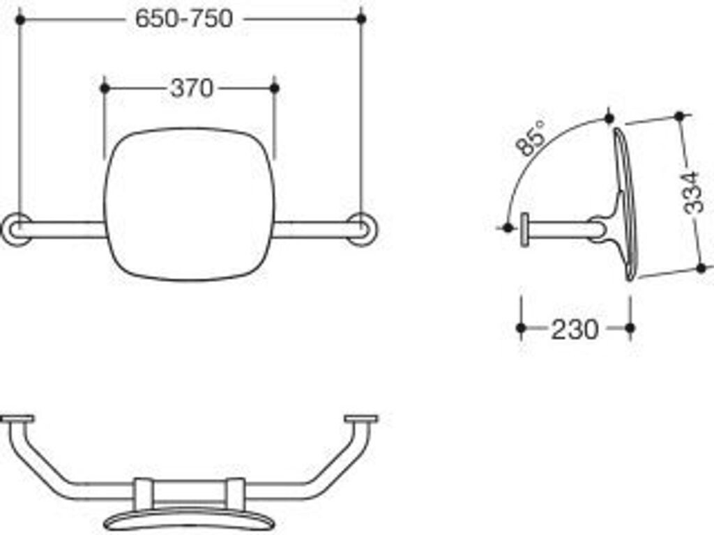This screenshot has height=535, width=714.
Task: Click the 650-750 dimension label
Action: pos(184,19)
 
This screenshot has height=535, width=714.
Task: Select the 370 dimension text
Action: pos(191,88)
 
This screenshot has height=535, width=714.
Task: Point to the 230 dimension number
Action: pos(575,329)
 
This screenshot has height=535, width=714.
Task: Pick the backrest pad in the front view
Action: pos(190,203)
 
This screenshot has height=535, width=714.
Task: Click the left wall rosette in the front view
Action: pos(15,229)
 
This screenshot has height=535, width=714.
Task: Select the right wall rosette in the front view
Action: pos(363,229)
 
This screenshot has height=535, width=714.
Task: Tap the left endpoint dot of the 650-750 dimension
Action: pos(20,20)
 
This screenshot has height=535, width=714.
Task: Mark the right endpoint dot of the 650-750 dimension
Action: pos(361,19)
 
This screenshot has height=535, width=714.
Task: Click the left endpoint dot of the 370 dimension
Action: pos(105,88)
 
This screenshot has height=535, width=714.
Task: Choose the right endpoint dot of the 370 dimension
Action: pos(274,88)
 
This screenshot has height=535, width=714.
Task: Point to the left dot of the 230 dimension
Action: pos(521,327)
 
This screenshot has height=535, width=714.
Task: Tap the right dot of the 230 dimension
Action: pos(630,327)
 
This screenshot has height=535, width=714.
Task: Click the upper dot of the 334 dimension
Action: pos(681,116)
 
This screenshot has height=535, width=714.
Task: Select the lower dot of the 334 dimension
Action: pos(701,267)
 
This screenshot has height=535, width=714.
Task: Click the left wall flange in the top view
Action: pos(17,419)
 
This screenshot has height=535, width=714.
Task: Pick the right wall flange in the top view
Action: pos(361,419)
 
